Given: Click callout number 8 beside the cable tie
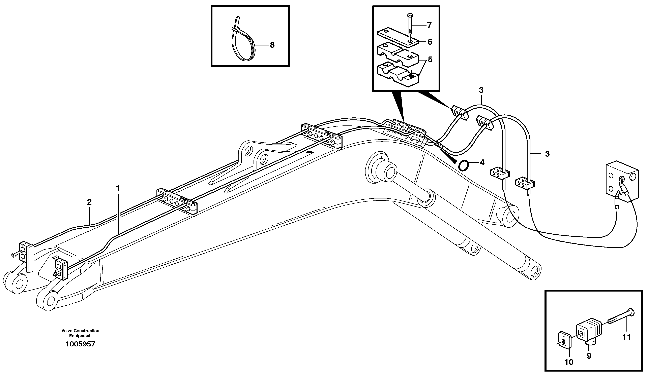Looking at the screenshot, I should click(x=272, y=45).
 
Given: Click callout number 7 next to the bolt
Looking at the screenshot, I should click(x=429, y=25).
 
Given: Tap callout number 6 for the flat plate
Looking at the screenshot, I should click(x=430, y=42).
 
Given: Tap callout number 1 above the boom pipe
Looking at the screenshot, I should click(x=118, y=188).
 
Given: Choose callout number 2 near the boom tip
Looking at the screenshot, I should click(x=89, y=202).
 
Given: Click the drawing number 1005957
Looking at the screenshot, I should click(x=80, y=344).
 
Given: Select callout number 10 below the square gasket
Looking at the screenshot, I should click(x=569, y=362).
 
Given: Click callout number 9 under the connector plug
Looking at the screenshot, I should click(x=589, y=356).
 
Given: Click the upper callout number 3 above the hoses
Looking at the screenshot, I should click(x=481, y=90).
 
